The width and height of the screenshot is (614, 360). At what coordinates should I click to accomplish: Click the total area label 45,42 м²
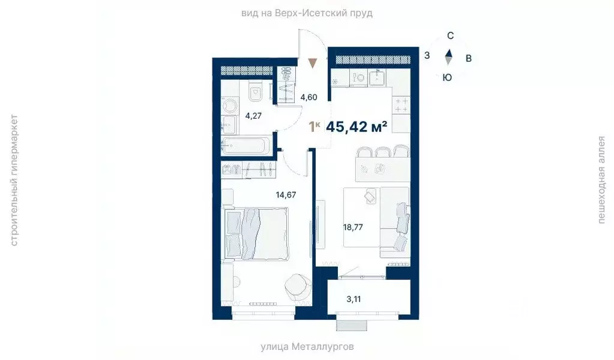pyautogui.click(x=357, y=127)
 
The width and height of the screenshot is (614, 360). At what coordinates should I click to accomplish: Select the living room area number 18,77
pyautogui.click(x=354, y=227)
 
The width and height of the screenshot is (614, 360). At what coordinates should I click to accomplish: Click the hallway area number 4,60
pyautogui.click(x=309, y=97)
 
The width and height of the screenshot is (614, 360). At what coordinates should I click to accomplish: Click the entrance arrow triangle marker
pyautogui.click(x=312, y=63)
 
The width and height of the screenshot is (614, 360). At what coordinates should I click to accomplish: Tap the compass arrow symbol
pyautogui.click(x=448, y=57)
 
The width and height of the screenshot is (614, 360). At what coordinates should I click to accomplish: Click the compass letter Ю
pyautogui.click(x=447, y=77)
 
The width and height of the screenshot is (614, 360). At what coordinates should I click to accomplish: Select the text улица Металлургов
pyautogui.click(x=307, y=347)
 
